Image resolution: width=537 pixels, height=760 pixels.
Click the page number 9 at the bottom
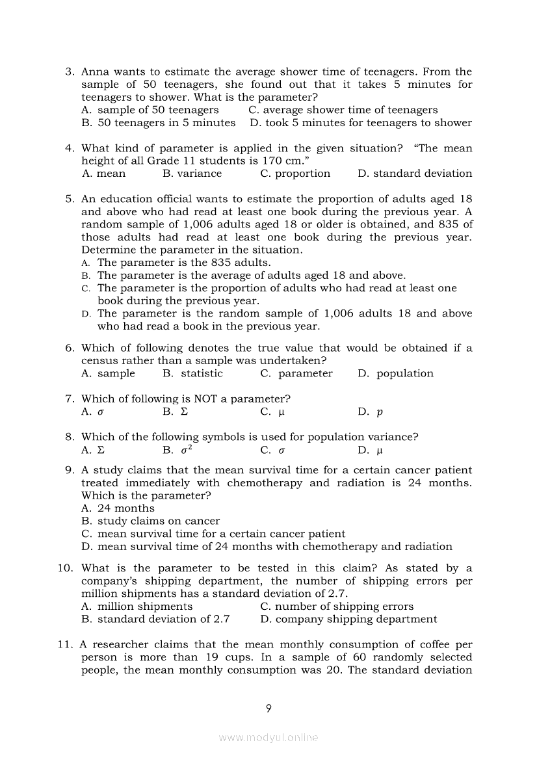pos(268,709)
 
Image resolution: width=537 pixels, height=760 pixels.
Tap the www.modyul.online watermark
pos(268,738)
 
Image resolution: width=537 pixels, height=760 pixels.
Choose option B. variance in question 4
pos(192,174)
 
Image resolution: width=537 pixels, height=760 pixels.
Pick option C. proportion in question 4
pos(295,174)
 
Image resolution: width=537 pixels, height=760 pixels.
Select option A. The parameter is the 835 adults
pos(176,263)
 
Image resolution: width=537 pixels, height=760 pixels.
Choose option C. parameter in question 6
pos(296,374)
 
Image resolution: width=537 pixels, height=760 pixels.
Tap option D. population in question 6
pos(395,374)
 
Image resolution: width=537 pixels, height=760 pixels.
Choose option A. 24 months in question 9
pos(118,508)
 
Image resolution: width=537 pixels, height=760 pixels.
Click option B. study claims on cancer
pos(150,521)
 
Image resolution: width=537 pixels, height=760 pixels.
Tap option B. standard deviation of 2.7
pos(155,620)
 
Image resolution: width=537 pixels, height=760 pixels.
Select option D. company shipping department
pos(348,620)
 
